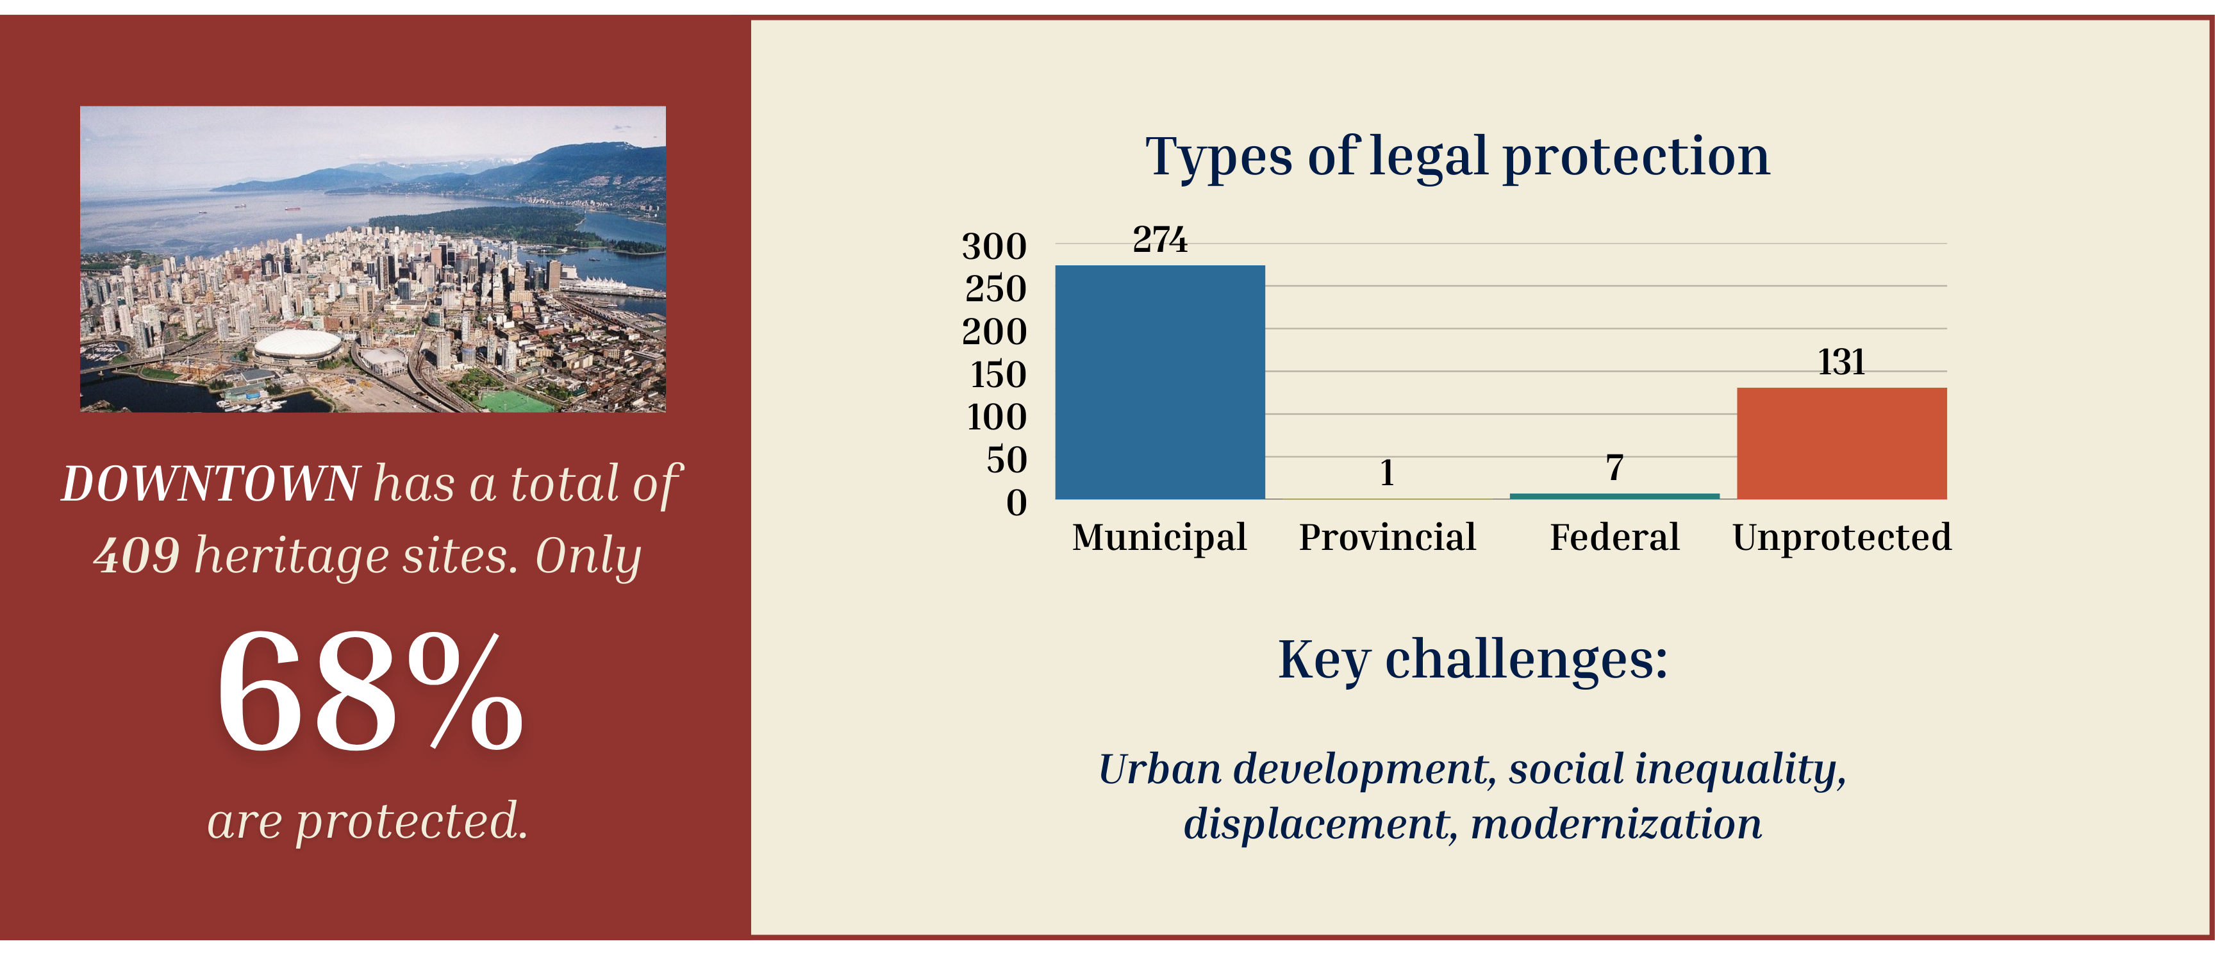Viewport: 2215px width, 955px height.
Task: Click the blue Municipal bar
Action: click(x=1160, y=383)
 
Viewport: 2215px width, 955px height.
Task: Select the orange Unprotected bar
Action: click(x=1842, y=444)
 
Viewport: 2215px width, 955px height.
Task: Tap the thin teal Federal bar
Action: click(x=1615, y=496)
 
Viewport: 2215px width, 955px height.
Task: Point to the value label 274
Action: click(x=1160, y=240)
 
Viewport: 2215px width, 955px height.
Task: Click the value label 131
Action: click(x=1842, y=362)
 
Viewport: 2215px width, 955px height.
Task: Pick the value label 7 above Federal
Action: click(x=1615, y=468)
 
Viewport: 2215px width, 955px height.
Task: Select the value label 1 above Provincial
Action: click(x=1387, y=473)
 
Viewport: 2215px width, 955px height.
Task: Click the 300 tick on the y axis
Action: click(x=994, y=247)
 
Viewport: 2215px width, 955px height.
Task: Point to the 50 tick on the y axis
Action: click(x=1007, y=460)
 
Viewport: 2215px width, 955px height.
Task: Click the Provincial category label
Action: click(x=1387, y=537)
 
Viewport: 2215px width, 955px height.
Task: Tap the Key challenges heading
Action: click(x=1472, y=660)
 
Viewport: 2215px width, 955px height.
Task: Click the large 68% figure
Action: click(x=370, y=692)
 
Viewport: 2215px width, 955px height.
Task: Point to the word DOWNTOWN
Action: click(x=211, y=484)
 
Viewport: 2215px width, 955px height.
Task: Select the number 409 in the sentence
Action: click(x=137, y=555)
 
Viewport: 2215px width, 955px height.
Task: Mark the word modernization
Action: click(x=1616, y=824)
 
